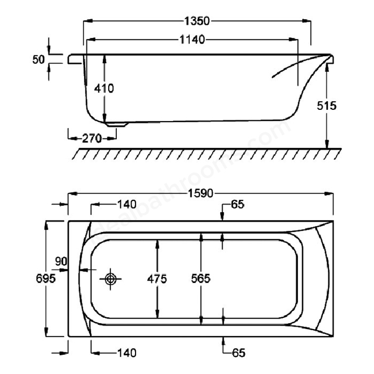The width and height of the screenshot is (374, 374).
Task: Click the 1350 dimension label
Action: (x=198, y=21)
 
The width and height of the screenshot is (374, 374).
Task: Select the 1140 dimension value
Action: (x=192, y=39)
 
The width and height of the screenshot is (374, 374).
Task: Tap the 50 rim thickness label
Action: (x=39, y=60)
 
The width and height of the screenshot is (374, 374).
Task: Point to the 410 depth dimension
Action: (x=104, y=88)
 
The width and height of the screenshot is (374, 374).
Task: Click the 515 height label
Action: (x=327, y=106)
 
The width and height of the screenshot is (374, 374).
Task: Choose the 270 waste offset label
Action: (x=92, y=138)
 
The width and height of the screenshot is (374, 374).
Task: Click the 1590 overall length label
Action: (x=200, y=193)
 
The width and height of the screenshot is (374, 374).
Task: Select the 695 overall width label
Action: (x=46, y=278)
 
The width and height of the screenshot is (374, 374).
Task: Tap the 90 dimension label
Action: (x=61, y=261)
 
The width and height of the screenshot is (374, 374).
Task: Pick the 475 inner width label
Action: (x=157, y=279)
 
